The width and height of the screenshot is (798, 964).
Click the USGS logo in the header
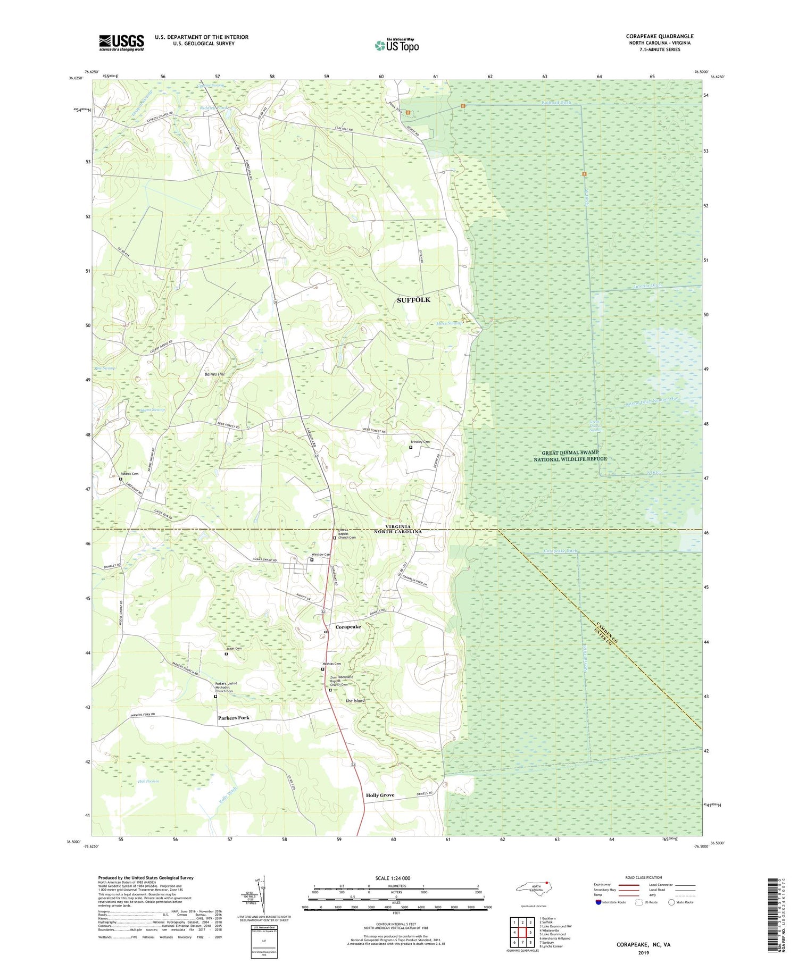pyautogui.click(x=121, y=43)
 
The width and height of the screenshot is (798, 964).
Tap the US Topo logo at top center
pyautogui.click(x=397, y=46)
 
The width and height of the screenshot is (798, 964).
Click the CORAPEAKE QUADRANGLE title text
pyautogui.click(x=660, y=37)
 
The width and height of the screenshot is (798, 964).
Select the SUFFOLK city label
pyautogui.click(x=413, y=300)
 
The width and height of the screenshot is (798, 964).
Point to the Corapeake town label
pyautogui.click(x=348, y=627)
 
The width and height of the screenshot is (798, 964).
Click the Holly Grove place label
pyautogui.click(x=380, y=795)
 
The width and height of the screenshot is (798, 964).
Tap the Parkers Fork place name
pyautogui.click(x=234, y=718)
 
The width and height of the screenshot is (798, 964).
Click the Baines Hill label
pyautogui.click(x=214, y=374)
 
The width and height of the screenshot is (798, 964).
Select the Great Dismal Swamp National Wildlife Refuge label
pyautogui.click(x=570, y=456)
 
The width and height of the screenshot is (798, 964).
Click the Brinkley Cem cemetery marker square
pyautogui.click(x=411, y=447)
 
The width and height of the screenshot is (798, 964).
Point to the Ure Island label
pyautogui.click(x=355, y=701)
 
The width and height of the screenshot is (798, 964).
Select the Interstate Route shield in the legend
pyautogui.click(x=598, y=902)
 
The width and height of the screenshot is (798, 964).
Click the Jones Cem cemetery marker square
pyautogui.click(x=226, y=655)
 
